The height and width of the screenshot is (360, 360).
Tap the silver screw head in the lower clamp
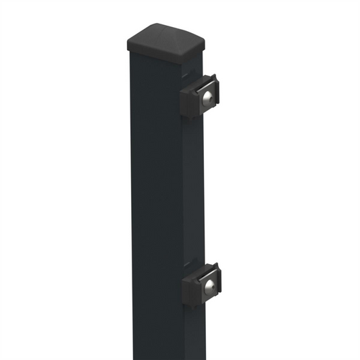[210, 284]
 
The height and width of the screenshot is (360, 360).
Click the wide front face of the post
[155, 203]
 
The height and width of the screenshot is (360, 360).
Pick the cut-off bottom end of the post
[162, 357]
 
